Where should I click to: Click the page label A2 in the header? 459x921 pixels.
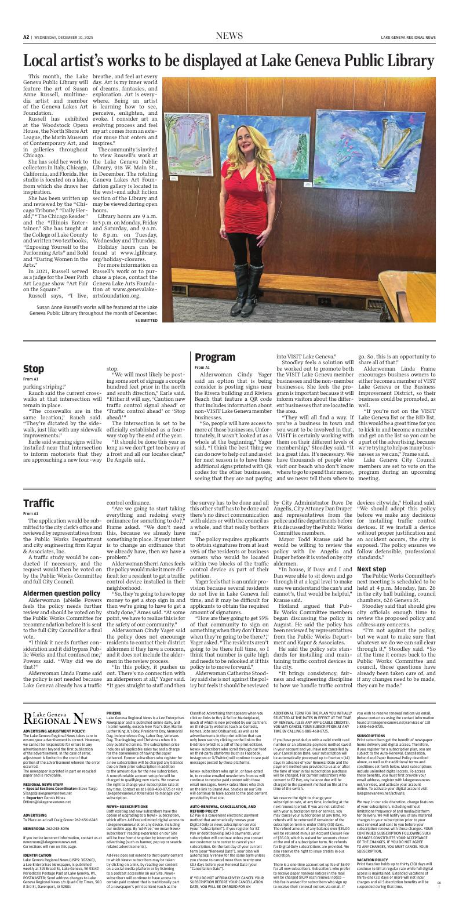click(x=26, y=37)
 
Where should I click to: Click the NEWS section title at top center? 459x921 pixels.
click(x=229, y=36)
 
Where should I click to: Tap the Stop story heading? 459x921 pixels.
click(x=34, y=368)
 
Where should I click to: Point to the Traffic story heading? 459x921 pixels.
click(x=38, y=503)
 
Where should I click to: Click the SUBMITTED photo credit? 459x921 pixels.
click(x=146, y=320)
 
